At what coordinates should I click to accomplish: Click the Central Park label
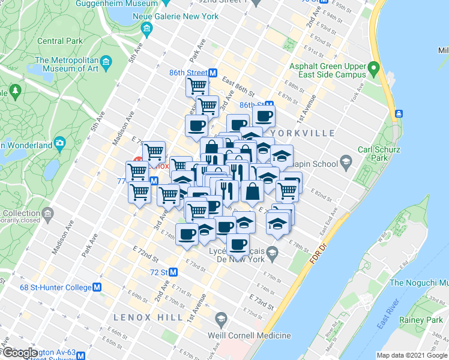59,41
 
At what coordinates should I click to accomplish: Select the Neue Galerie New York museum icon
146,28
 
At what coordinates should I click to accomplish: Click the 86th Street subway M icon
212,73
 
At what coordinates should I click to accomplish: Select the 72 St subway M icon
173,272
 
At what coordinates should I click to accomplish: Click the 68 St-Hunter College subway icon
97,287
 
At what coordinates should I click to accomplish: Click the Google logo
19,353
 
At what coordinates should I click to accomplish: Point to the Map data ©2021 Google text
411,355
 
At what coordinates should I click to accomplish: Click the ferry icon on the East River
398,113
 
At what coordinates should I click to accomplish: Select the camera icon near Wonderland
59,143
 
